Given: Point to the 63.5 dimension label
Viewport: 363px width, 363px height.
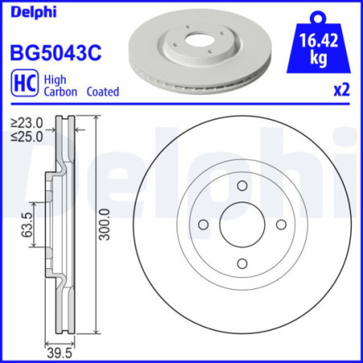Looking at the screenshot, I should [x=27, y=225].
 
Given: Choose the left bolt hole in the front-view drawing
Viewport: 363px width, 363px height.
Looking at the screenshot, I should [x=203, y=223].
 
